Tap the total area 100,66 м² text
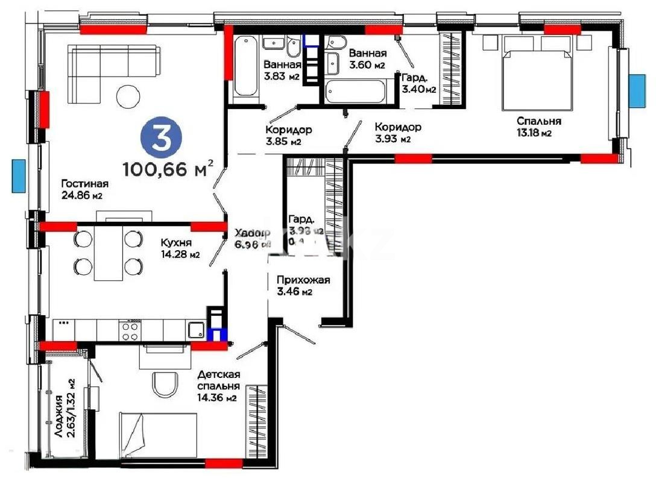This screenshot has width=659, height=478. pyautogui.click(x=168, y=168)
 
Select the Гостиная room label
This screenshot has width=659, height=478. pyautogui.click(x=84, y=189)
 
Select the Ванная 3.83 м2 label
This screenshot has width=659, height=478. pyautogui.click(x=282, y=71)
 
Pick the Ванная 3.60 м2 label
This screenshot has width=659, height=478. pyautogui.click(x=367, y=59)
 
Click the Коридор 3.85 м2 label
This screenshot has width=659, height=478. pyautogui.click(x=288, y=136)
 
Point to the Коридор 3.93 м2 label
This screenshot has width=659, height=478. pyautogui.click(x=397, y=133)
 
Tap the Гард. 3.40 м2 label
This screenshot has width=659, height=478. pyautogui.click(x=418, y=84)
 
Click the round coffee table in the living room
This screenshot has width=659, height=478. pyautogui.click(x=129, y=96)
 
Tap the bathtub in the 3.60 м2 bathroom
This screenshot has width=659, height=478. pyautogui.click(x=356, y=93)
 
